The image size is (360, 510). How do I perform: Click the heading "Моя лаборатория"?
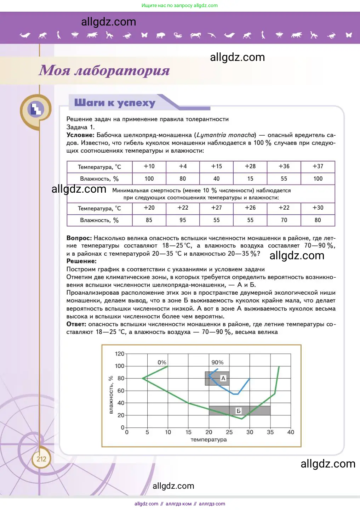click(104, 70)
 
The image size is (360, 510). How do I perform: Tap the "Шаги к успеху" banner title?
click(115, 103)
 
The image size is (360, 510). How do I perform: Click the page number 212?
click(41, 459)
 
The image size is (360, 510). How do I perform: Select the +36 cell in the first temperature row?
click(284, 166)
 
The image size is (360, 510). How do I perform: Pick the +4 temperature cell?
click(183, 166)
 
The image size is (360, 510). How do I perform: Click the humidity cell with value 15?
click(250, 179)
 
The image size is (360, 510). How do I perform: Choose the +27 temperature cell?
click(216, 208)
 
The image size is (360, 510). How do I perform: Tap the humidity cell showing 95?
click(183, 220)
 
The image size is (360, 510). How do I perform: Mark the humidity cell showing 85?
click(149, 220)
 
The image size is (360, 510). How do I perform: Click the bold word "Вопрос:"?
click(79, 238)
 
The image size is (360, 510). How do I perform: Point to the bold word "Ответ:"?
click(76, 324)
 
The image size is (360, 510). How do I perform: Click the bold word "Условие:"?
click(80, 135)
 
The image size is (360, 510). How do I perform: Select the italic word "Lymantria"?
click(211, 135)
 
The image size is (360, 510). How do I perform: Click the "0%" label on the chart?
click(162, 362)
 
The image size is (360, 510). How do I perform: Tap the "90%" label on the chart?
click(217, 362)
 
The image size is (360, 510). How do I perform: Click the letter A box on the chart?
click(223, 378)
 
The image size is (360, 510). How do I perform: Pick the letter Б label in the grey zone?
click(239, 411)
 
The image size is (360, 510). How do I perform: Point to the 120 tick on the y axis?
click(120, 354)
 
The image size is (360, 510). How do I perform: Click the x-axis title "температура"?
click(208, 440)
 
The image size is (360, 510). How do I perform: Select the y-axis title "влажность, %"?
click(111, 395)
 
